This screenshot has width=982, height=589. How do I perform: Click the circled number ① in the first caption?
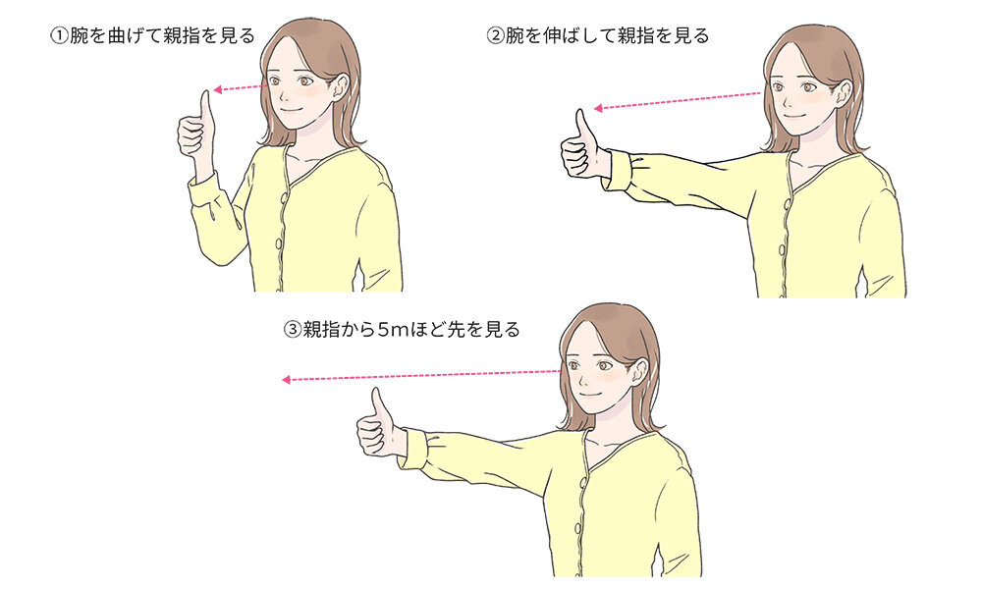58,36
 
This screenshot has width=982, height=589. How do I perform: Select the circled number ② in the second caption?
496,36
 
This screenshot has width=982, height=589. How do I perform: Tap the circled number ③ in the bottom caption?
292,330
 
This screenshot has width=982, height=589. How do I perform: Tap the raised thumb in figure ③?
377,403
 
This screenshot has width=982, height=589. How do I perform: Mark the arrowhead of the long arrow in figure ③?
286,380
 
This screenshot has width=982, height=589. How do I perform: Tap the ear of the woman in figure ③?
640,370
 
